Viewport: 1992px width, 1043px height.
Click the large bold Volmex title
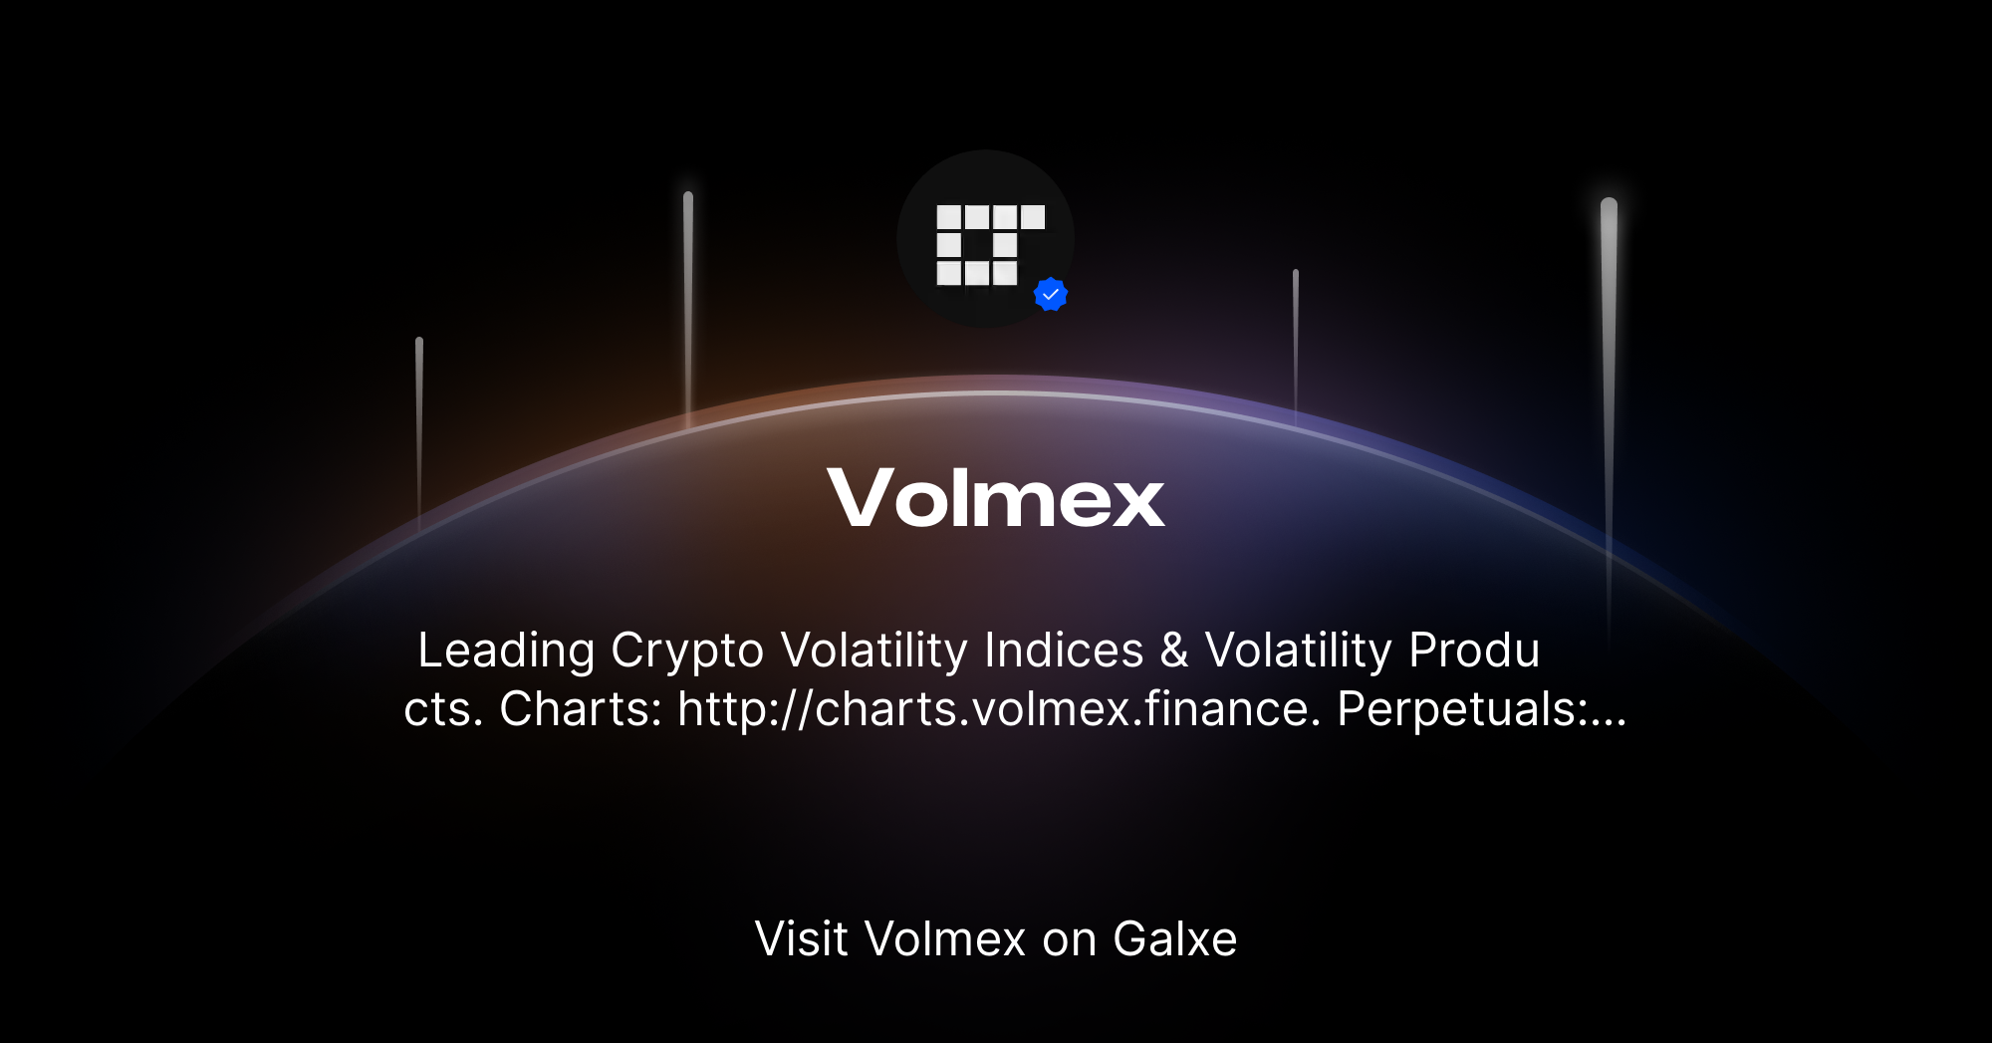[x=995, y=497]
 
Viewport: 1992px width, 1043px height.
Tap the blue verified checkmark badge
[x=1051, y=295]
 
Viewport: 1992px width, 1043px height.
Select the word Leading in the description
[x=506, y=652]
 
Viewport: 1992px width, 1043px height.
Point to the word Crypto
[x=687, y=652]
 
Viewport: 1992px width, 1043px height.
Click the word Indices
[x=1064, y=652]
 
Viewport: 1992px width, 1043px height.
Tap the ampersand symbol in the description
[x=1174, y=652]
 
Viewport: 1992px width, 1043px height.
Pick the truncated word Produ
[x=1475, y=652]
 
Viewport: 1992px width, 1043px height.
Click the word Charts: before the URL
[x=581, y=709]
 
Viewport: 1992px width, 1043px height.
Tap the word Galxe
[x=1175, y=939]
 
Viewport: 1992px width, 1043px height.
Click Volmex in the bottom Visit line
[x=945, y=939]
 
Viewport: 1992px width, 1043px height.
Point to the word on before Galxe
[x=1069, y=939]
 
